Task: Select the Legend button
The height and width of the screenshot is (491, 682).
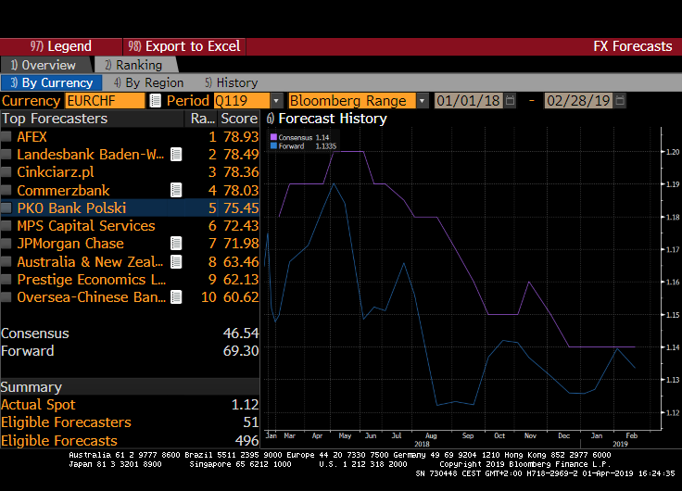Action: point(61,46)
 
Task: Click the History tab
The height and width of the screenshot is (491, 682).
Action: point(231,82)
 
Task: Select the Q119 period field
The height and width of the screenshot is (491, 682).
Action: point(241,100)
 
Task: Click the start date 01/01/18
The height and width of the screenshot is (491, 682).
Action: point(468,100)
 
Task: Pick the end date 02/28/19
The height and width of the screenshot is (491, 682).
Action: point(578,100)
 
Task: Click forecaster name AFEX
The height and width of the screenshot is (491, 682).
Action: point(32,136)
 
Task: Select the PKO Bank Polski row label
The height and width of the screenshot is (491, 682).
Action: point(71,208)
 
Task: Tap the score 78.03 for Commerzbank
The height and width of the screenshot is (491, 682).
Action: point(239,190)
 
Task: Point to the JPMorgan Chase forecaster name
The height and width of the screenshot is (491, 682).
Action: point(69,244)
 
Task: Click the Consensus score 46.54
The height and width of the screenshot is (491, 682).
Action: point(239,334)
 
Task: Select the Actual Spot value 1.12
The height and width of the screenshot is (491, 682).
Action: point(245,405)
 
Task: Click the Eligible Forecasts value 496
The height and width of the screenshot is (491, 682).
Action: point(246,441)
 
